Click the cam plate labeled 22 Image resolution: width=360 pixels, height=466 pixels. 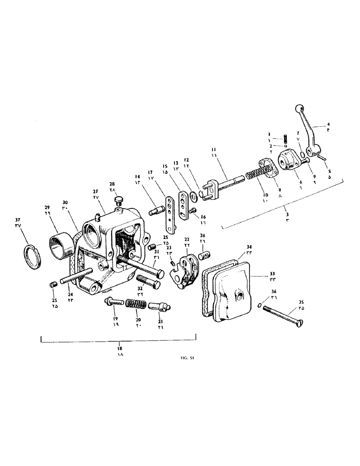click(x=186, y=272)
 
